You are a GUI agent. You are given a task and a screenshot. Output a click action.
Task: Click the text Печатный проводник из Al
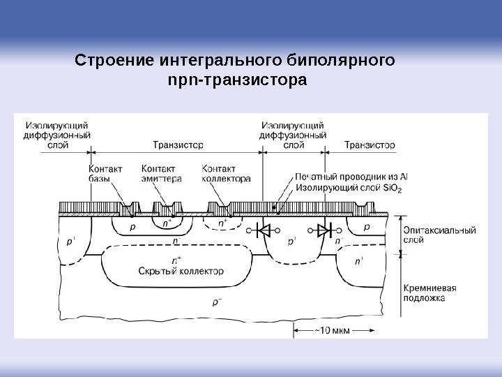[x=351, y=177]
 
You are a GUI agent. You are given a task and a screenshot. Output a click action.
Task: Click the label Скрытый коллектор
[x=181, y=271]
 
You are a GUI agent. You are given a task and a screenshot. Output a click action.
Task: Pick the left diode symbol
[x=264, y=229]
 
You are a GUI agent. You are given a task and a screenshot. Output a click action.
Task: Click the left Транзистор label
[x=178, y=145]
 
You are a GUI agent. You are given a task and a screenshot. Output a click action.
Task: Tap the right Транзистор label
[x=370, y=145]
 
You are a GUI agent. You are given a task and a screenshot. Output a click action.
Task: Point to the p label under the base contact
[x=132, y=228]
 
